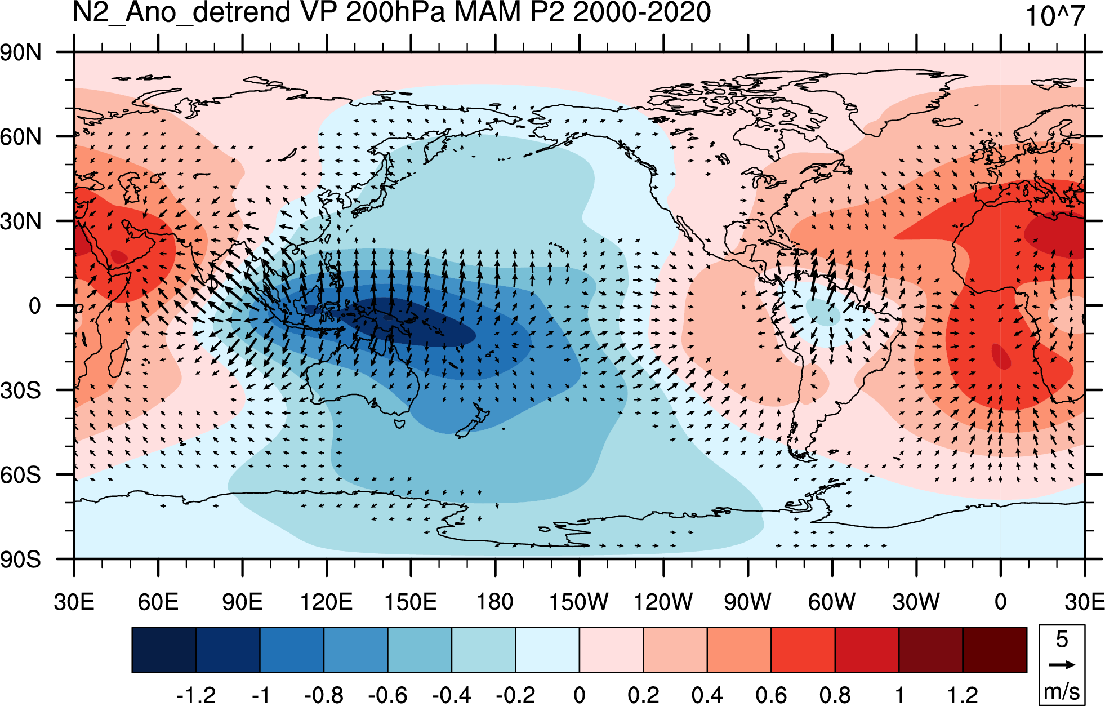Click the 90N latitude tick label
pyautogui.click(x=21, y=52)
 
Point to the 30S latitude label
pyautogui.click(x=21, y=390)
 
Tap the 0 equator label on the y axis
pyautogui.click(x=35, y=306)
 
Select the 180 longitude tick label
pyautogui.click(x=495, y=602)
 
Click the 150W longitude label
pyautogui.click(x=579, y=602)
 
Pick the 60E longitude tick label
pyautogui.click(x=158, y=602)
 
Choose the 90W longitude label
pyautogui.click(x=747, y=602)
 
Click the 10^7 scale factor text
pyautogui.click(x=1055, y=16)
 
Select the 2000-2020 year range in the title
pyautogui.click(x=642, y=12)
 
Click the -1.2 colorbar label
pyautogui.click(x=196, y=695)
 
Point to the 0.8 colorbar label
pyautogui.click(x=835, y=695)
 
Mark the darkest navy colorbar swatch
pyautogui.click(x=164, y=650)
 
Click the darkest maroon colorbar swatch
pyautogui.click(x=995, y=650)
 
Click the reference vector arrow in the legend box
pyautogui.click(x=1062, y=665)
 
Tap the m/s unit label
pyautogui.click(x=1062, y=691)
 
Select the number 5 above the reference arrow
pyautogui.click(x=1062, y=640)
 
